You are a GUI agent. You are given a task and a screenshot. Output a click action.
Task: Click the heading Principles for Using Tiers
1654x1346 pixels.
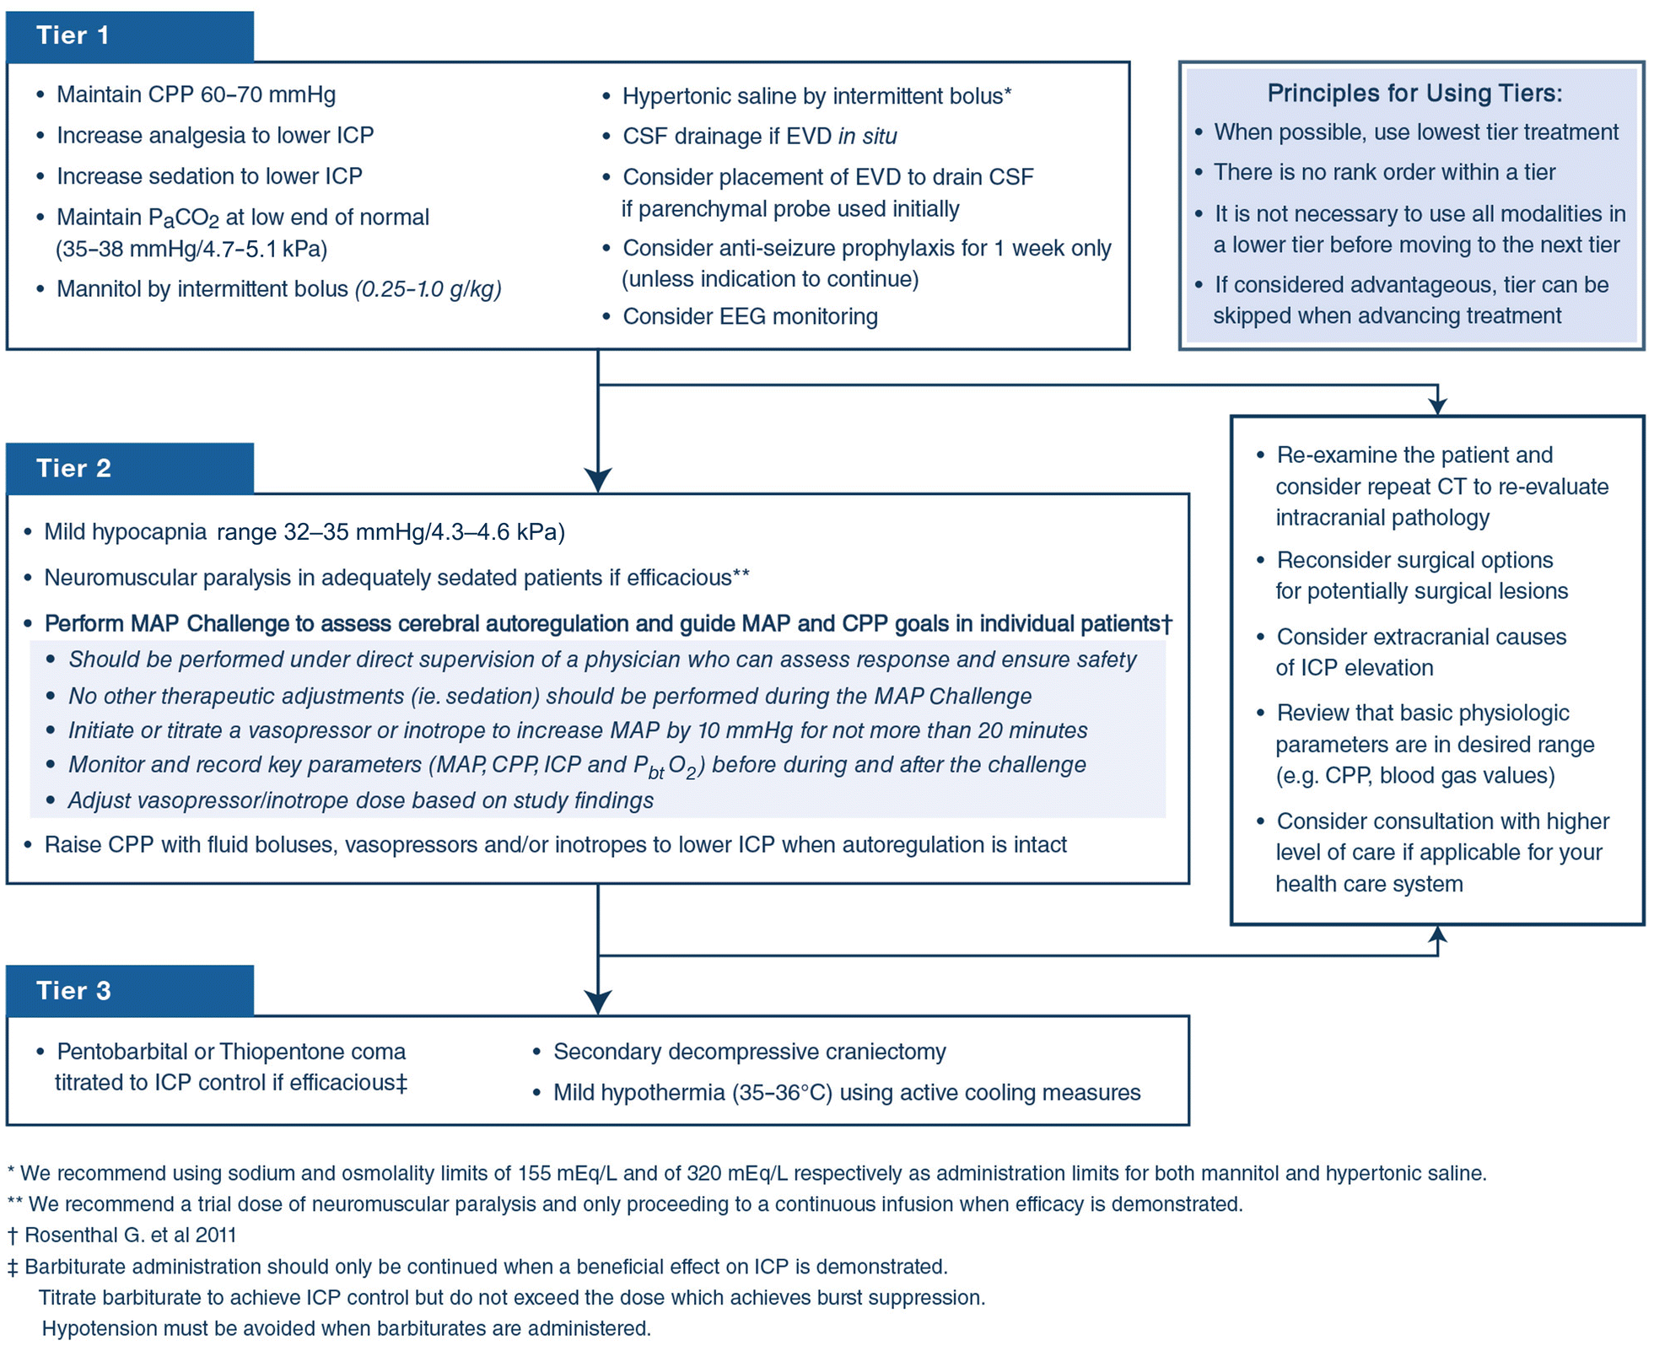pos(1414,93)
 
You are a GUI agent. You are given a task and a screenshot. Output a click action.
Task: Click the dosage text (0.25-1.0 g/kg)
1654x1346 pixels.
pos(428,289)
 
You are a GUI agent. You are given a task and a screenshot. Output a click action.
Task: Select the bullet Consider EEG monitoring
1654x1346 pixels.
pos(749,316)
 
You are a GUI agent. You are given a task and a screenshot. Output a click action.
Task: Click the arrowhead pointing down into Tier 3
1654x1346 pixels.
pos(598,1003)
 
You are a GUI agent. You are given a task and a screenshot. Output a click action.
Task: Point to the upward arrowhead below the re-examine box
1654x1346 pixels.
pos(1437,934)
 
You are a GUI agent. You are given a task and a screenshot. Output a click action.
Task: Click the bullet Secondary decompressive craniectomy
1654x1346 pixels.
pos(749,1052)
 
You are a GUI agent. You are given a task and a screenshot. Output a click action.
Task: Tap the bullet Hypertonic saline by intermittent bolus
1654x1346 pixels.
pos(816,96)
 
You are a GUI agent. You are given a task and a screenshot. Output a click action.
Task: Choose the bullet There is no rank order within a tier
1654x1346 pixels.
pos(1383,172)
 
